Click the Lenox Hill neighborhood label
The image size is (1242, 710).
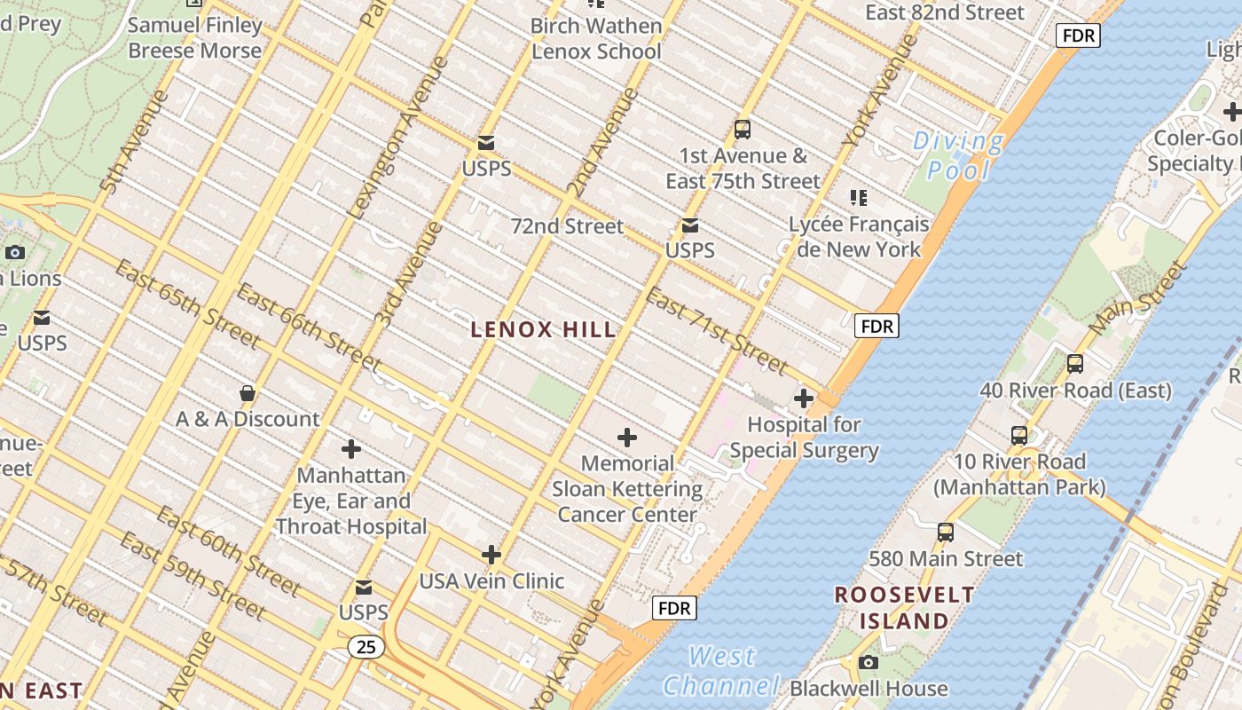tap(543, 330)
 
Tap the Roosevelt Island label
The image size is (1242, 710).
tap(904, 608)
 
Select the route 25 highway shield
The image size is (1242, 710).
tap(366, 647)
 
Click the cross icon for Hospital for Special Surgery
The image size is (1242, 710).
tap(804, 398)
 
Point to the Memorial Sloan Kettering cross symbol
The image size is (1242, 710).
tap(627, 438)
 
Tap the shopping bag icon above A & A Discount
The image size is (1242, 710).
tap(248, 392)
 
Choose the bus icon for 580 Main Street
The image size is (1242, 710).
tap(946, 532)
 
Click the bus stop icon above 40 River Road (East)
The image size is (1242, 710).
tap(1075, 364)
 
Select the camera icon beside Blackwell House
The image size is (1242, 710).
tap(869, 662)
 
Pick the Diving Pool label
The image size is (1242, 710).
tap(958, 154)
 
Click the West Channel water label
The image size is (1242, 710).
tap(721, 671)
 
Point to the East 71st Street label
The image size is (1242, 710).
tap(716, 330)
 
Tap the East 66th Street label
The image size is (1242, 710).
tap(308, 327)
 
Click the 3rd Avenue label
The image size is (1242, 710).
tap(409, 274)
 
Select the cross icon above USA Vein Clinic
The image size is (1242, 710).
tap(491, 556)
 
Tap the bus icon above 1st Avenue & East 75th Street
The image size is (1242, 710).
tap(743, 130)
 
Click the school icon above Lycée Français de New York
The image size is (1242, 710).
tap(858, 197)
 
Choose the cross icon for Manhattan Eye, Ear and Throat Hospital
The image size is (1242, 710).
tap(351, 449)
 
